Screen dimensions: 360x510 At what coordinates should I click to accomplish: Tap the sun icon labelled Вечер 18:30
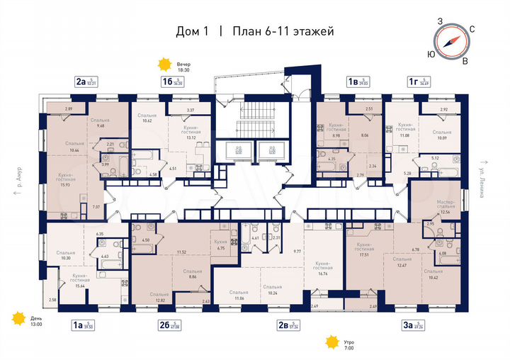click(x=165, y=65)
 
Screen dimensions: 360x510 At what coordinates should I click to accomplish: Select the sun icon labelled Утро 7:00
click(x=331, y=343)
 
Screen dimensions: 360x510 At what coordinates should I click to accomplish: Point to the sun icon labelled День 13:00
click(x=17, y=320)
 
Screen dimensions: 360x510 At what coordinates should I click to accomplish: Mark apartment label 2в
click(x=283, y=325)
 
